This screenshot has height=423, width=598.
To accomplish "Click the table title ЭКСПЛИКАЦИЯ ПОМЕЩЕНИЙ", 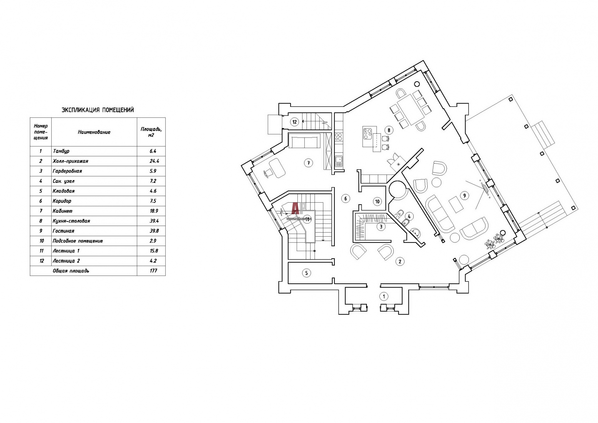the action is point(98,110).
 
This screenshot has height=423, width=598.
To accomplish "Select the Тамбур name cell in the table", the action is point(61,151).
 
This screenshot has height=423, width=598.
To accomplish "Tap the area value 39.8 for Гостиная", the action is point(153,231).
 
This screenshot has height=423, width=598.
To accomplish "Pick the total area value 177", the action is point(153,271).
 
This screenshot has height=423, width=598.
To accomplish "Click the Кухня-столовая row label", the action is point(71,221).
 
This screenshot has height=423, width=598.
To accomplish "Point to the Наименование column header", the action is point(94,132).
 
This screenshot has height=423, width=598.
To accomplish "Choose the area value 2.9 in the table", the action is point(153,241).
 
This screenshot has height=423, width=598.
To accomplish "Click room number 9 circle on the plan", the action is point(464,195).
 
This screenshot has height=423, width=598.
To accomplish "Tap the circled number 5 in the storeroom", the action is point(306,273).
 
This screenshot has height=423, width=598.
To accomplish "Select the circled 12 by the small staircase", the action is point(295,122).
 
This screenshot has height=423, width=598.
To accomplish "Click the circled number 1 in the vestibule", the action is point(384,296).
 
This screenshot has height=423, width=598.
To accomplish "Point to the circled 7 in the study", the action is point(308,163).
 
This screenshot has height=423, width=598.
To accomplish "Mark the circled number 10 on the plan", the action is point(377,201).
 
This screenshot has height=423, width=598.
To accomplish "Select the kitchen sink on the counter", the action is point(339,161).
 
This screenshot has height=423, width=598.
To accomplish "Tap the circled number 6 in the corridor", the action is point(345,198).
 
